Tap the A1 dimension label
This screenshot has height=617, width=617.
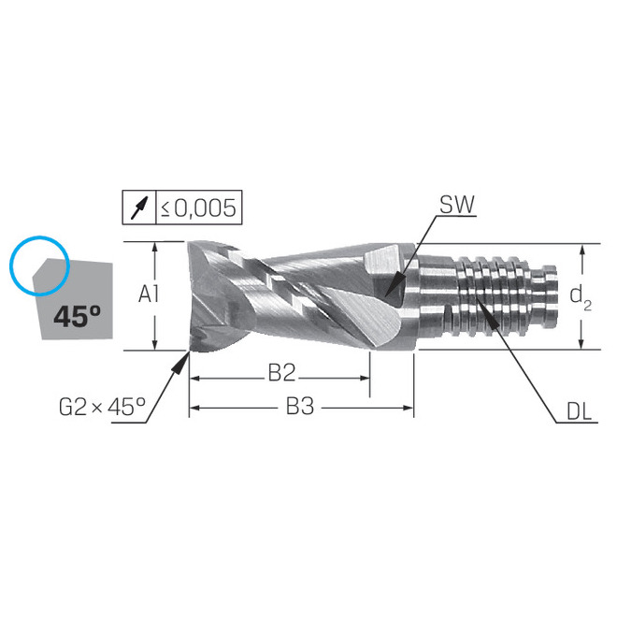149,295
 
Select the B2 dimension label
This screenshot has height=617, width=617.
280,373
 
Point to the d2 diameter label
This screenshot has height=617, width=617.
581,296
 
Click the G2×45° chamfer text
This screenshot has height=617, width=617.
102,407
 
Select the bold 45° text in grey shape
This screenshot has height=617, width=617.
77,316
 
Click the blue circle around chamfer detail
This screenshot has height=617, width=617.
38,260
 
